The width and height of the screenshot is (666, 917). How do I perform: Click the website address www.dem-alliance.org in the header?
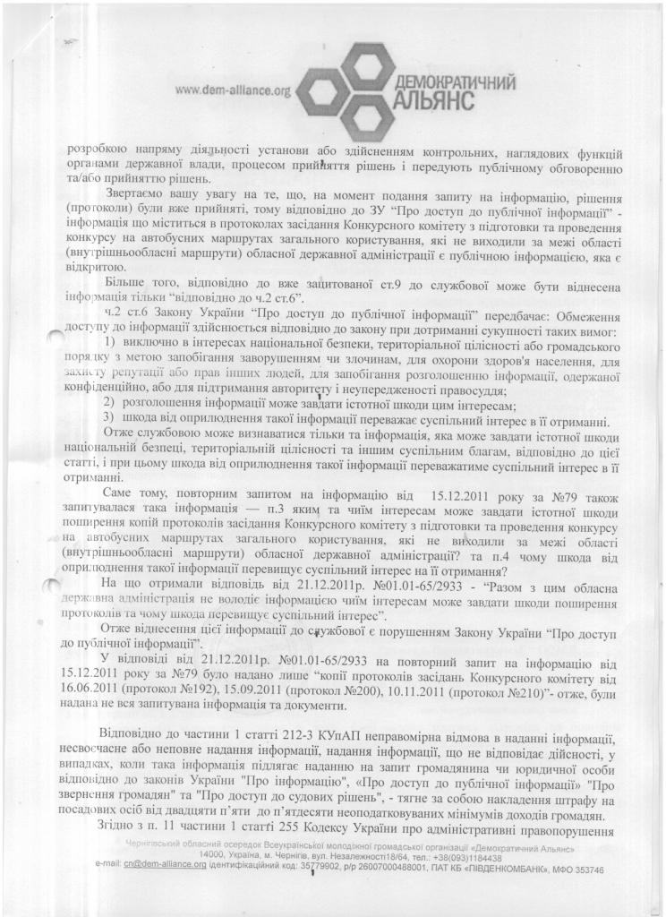tap(234, 90)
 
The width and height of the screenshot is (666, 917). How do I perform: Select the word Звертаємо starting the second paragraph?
tap(137, 193)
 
